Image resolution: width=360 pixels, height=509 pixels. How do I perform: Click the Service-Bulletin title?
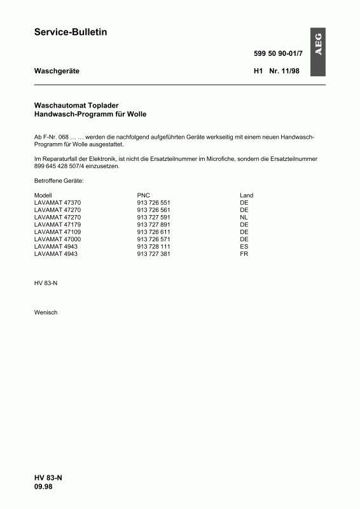click(x=70, y=32)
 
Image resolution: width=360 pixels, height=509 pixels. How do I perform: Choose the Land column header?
click(x=247, y=195)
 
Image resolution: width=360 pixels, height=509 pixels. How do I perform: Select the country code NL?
click(x=244, y=217)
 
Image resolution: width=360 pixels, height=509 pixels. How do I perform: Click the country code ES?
click(x=244, y=246)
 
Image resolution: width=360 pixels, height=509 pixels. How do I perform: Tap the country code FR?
click(x=244, y=254)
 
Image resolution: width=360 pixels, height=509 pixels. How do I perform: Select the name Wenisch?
click(x=46, y=312)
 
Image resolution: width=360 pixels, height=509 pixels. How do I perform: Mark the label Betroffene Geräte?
click(x=59, y=181)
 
